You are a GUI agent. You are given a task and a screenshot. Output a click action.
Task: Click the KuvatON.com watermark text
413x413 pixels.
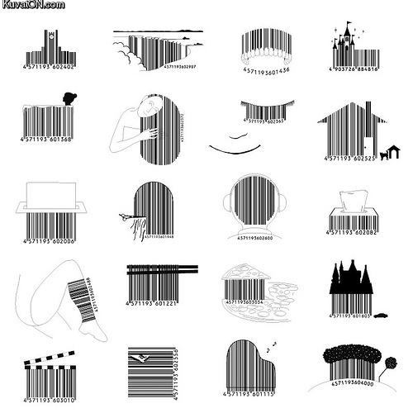tap(32, 6)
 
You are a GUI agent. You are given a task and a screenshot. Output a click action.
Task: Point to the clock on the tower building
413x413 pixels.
tap(50, 36)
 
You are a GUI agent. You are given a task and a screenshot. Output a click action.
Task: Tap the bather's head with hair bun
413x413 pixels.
tap(69, 99)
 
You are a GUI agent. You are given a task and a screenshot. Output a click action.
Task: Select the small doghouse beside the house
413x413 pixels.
tap(393, 150)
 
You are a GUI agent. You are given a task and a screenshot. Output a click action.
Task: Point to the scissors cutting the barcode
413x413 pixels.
tap(125, 216)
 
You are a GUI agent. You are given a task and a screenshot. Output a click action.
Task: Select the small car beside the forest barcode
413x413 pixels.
tap(381, 315)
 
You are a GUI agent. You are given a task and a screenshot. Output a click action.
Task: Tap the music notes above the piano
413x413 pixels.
tap(273, 344)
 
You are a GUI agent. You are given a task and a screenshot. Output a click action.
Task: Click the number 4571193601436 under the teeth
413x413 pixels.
tap(266, 70)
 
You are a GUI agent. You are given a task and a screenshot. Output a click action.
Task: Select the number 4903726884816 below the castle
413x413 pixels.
tap(355, 70)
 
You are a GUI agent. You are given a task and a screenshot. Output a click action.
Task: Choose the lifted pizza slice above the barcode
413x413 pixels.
tap(249, 273)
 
